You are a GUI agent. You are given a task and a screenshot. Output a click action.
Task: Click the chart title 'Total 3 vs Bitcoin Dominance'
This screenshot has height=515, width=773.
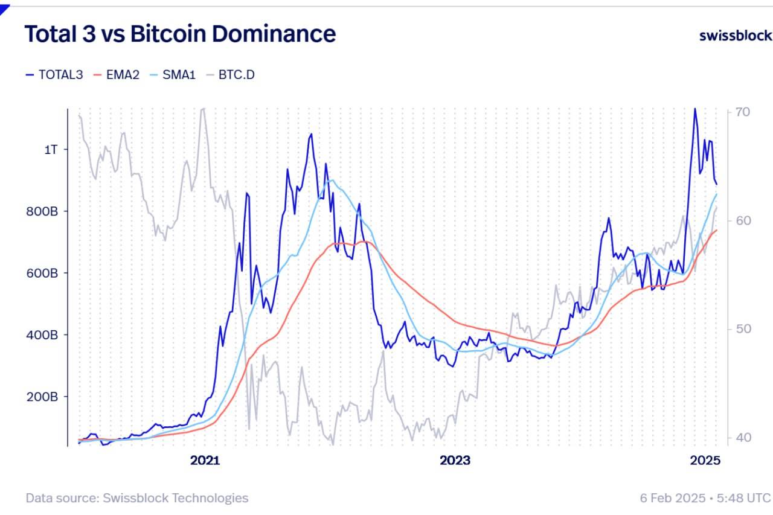point(180,34)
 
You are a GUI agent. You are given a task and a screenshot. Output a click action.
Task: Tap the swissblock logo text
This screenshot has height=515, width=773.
point(735,36)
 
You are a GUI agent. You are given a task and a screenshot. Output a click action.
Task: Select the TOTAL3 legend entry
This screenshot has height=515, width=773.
point(54,75)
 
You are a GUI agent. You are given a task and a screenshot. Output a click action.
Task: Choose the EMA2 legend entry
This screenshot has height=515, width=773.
point(117,75)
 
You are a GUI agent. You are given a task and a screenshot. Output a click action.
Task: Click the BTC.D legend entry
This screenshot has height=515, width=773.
point(230,75)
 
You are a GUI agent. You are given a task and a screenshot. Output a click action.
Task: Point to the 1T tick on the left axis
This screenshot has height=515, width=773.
point(51,150)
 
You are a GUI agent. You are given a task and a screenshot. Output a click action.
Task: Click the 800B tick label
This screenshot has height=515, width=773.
point(41,212)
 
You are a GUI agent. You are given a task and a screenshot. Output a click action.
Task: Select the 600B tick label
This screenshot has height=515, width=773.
point(41,273)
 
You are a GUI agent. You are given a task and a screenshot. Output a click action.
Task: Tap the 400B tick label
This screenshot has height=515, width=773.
point(41,335)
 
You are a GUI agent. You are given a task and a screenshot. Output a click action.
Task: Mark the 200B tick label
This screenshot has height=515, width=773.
point(41,397)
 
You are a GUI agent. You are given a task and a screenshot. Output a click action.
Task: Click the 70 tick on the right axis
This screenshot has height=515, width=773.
point(743,112)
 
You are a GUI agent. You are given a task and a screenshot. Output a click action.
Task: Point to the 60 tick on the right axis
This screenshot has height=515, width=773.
point(743,221)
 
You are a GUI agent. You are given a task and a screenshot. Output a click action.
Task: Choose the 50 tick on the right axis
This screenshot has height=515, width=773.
point(743,329)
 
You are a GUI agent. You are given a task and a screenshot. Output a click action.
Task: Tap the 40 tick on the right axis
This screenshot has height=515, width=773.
point(743,438)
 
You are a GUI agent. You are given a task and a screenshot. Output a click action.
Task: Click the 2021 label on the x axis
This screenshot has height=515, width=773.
point(205,461)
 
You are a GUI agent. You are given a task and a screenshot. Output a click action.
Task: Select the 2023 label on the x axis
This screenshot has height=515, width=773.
point(455,461)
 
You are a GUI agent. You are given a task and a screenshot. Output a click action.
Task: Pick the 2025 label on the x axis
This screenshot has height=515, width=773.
point(705,461)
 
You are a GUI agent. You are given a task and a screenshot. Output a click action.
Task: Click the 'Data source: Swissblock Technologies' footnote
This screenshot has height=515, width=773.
point(137,498)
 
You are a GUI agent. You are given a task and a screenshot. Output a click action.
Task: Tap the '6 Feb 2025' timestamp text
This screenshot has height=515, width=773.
point(672,498)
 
